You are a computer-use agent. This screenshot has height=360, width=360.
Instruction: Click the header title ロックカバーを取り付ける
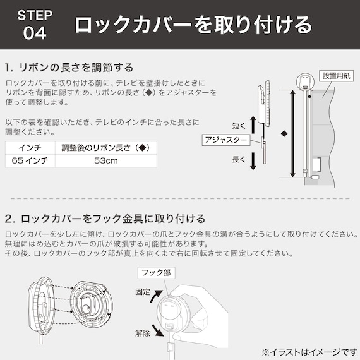coord(193,25)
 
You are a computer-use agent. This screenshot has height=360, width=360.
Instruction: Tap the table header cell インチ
coord(30,148)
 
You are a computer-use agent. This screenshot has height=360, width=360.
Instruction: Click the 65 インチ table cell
coord(30,161)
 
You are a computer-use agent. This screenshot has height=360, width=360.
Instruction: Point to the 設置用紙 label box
coord(339,75)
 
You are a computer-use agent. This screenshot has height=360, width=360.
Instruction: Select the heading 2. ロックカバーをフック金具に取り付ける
coord(104,219)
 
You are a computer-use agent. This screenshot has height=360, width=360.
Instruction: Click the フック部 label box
coord(155,273)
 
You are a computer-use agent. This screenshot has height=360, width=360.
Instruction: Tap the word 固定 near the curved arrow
coord(143,292)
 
